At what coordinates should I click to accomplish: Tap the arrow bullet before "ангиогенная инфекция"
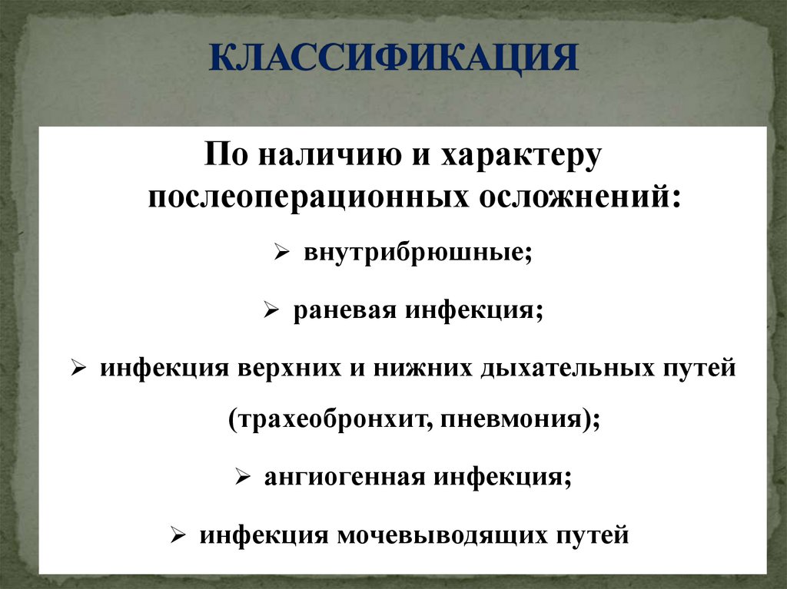point(242,478)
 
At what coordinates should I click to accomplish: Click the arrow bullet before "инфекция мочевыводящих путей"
point(178,534)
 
